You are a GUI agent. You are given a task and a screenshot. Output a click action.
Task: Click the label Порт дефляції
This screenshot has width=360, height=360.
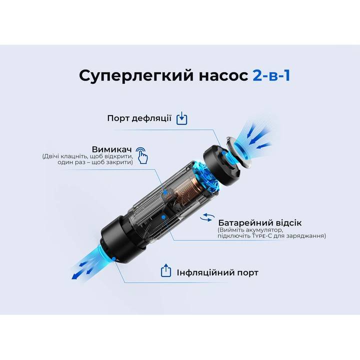139,118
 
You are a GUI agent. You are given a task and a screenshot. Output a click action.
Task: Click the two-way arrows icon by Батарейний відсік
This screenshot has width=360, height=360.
206,218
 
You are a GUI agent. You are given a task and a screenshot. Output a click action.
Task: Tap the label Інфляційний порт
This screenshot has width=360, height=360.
217,272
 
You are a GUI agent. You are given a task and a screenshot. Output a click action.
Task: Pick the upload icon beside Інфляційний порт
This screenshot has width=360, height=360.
165,271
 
